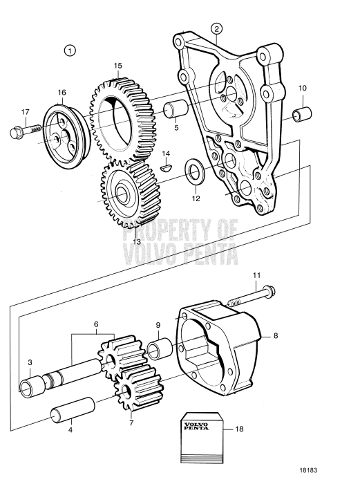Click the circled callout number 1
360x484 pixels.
70,50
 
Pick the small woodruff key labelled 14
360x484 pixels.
165,166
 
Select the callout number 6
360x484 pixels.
96,323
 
